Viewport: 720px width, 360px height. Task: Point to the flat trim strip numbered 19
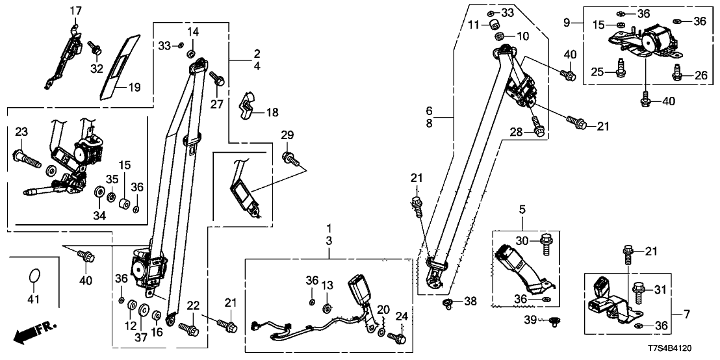(117, 65)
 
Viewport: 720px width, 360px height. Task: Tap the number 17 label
(76, 10)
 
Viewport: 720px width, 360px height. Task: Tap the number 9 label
(567, 23)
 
